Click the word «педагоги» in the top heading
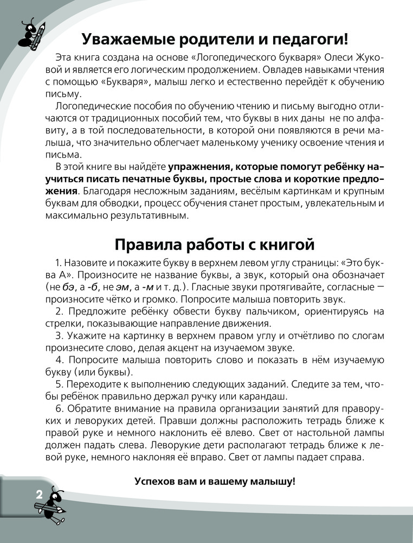[308, 40]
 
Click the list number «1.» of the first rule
[59, 263]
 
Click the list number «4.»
[60, 360]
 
